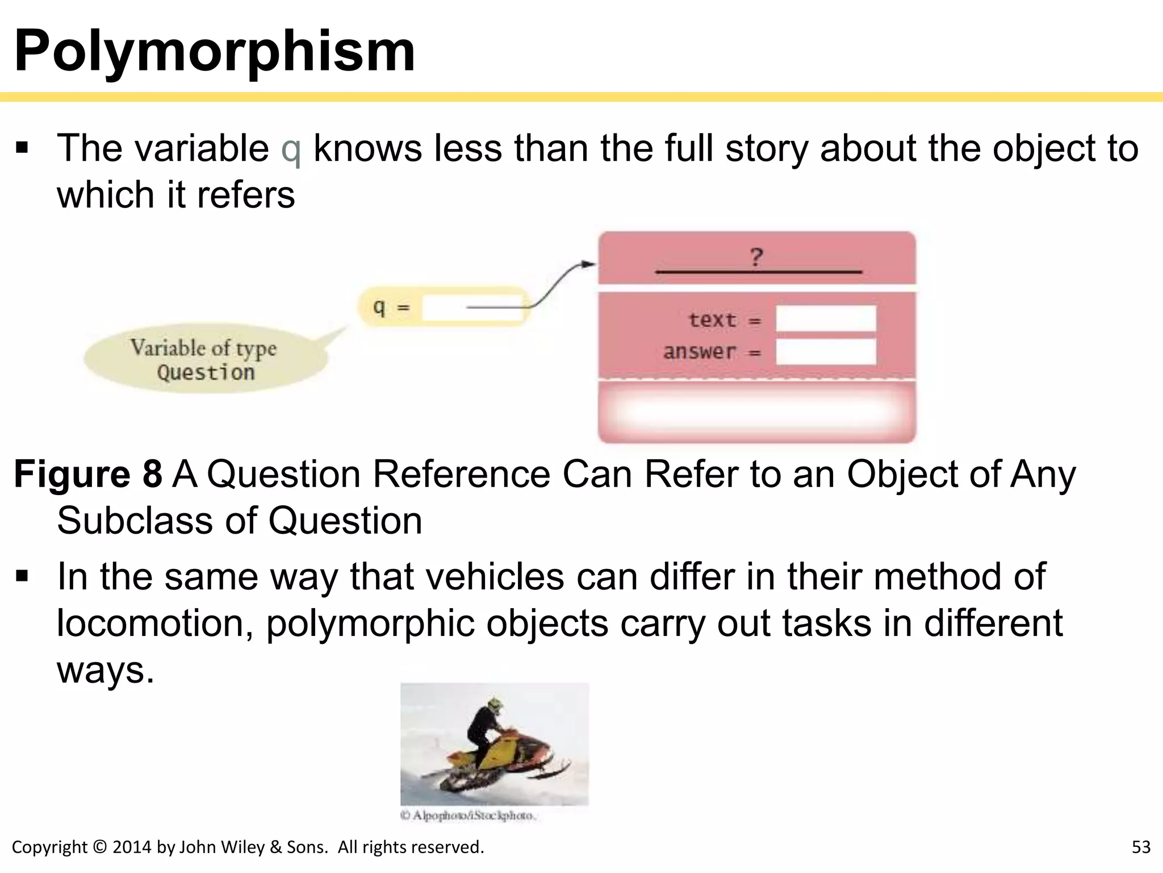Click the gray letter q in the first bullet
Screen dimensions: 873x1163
click(291, 149)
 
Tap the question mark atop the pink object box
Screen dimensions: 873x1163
click(756, 257)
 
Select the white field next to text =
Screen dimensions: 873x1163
click(826, 319)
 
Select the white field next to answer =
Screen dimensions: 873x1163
click(826, 352)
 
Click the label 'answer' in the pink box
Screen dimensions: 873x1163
click(699, 352)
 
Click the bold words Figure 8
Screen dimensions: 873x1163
click(88, 474)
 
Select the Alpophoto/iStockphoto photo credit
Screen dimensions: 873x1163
click(468, 816)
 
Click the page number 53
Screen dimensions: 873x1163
click(1141, 847)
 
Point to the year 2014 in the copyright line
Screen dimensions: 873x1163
click(132, 847)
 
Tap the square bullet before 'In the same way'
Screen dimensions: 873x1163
click(22, 576)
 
